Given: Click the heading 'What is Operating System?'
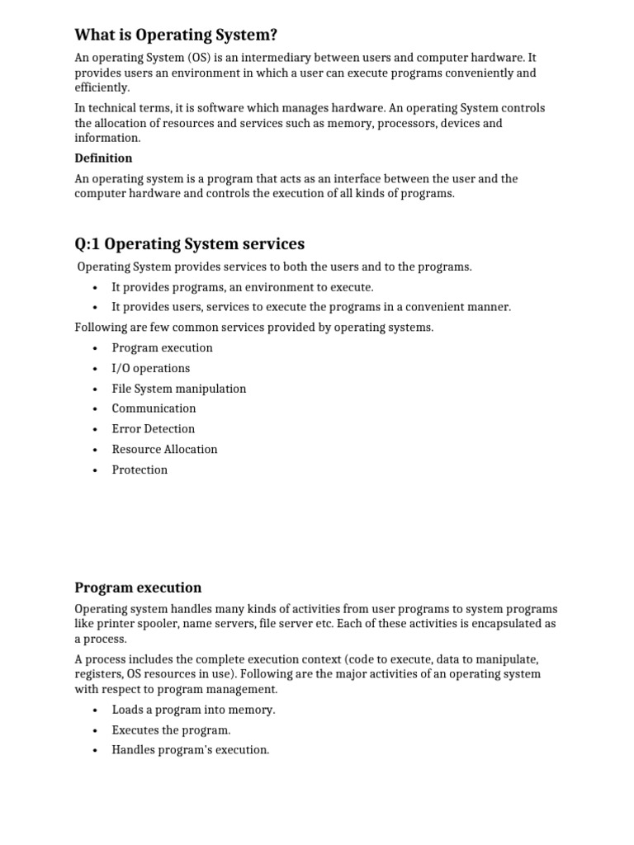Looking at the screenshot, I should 176,35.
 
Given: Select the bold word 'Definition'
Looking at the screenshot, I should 103,158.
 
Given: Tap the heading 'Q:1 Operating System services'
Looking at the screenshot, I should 189,243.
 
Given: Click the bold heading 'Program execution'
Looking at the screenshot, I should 138,588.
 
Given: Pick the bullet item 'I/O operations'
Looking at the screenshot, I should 150,368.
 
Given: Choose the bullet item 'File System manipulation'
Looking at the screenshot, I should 178,388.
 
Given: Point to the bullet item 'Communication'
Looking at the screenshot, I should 154,408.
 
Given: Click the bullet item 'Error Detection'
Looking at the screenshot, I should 154,429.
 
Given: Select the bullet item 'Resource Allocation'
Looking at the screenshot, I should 164,449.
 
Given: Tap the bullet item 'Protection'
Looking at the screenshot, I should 140,470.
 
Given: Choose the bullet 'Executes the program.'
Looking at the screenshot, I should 171,730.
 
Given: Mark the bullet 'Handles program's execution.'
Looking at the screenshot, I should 190,750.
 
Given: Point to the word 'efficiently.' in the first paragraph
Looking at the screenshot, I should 102,87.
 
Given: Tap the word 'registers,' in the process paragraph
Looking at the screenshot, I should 99,674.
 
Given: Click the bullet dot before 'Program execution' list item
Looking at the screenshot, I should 96,348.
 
